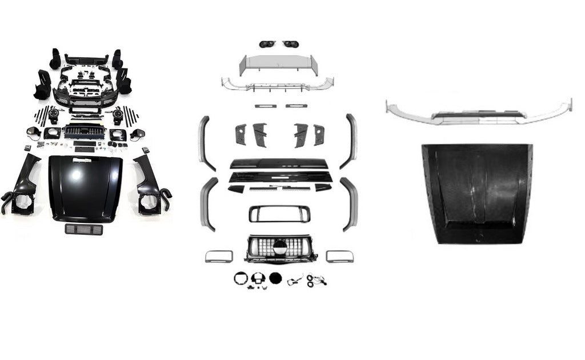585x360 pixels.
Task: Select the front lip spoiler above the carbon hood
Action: tap(478, 113)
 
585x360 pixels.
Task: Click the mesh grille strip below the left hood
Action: tap(83, 229)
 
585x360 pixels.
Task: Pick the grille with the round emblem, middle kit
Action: tap(281, 249)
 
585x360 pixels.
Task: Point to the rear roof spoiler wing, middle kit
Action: tap(279, 65)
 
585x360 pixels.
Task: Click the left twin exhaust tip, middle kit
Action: tap(267, 44)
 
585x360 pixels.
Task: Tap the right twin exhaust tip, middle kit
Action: tap(290, 44)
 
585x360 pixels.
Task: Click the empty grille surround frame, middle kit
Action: tap(279, 214)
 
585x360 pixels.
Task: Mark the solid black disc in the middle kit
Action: tap(275, 278)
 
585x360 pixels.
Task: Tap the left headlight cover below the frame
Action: tap(219, 255)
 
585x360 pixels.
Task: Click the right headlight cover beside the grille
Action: tap(339, 255)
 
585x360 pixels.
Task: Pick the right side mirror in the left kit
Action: tap(137, 134)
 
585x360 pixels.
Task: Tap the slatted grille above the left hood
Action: tap(85, 132)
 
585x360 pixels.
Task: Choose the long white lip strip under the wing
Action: tap(278, 84)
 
